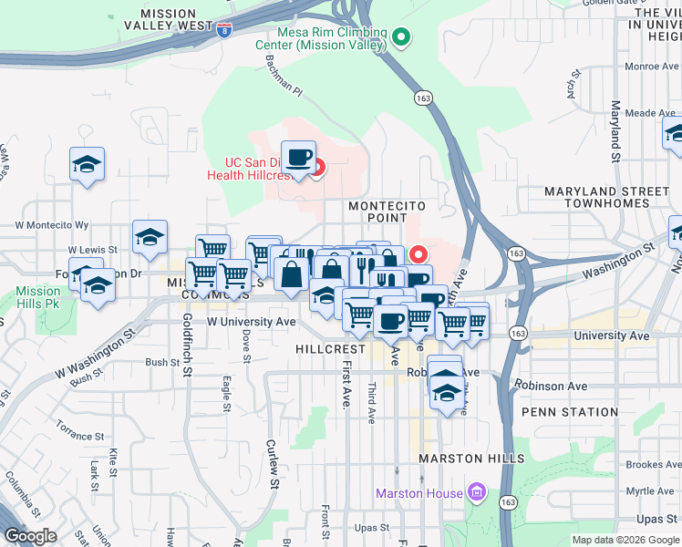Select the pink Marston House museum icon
475,494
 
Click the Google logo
30,536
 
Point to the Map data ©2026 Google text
625,540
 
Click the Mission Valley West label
177,20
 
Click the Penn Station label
570,412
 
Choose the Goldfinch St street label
186,345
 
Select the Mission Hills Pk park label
38,297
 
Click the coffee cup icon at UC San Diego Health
298,157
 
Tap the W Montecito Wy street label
52,224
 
